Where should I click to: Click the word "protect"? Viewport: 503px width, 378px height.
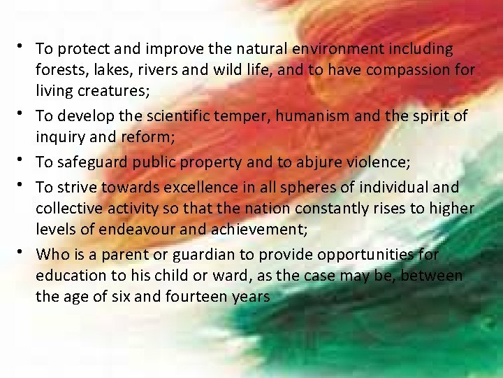[78, 50]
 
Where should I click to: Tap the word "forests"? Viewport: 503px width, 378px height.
[60, 71]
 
